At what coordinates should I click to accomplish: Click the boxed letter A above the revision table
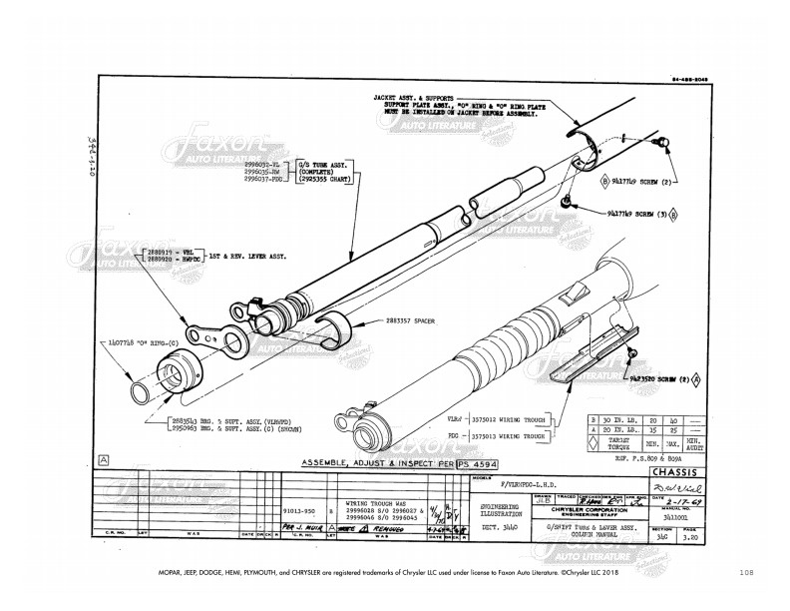tap(104, 459)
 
